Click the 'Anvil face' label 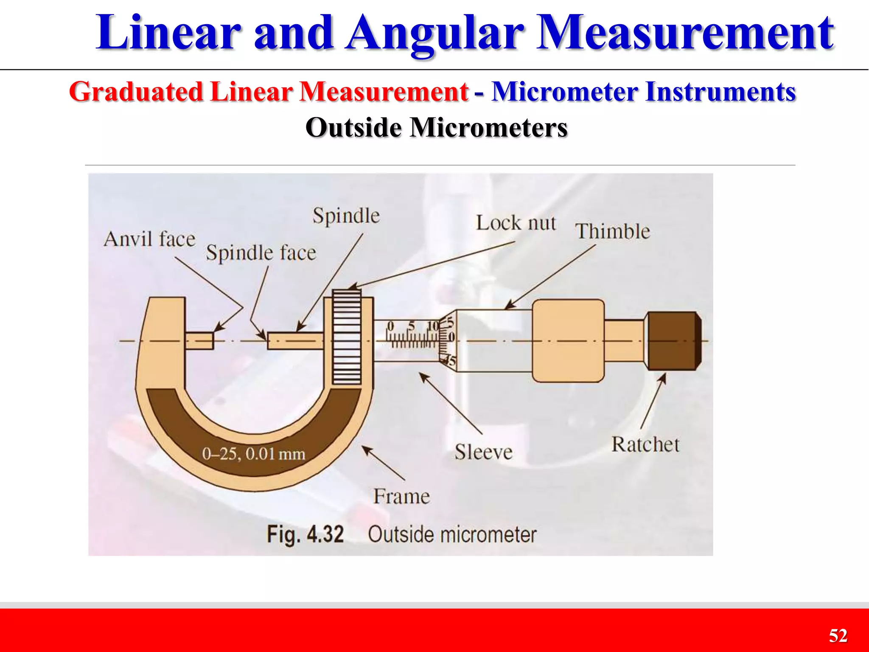pos(149,239)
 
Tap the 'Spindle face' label pos(261,253)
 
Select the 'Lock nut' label pos(516,223)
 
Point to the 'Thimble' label pos(612,232)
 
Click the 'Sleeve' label pos(483,452)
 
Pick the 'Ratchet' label pos(645,444)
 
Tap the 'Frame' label pos(401,496)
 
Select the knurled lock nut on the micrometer pos(347,337)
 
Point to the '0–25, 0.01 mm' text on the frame pos(253,454)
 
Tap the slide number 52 pos(838,635)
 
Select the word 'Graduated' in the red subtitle pos(136,92)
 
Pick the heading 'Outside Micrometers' pos(436,127)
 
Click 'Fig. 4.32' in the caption pos(305,534)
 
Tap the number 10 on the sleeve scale pos(432,326)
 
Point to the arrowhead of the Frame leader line pos(365,449)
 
